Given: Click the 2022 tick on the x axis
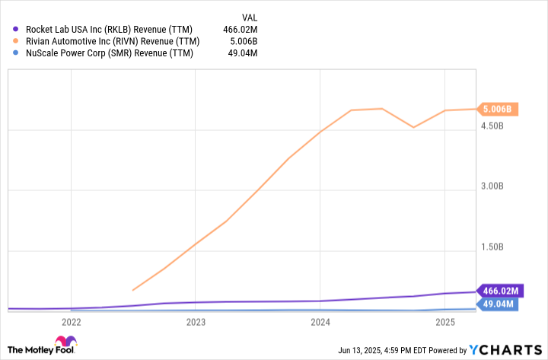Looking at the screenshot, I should point(71,322).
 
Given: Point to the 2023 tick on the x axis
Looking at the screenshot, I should point(196,322).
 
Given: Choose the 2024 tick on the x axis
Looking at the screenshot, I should point(320,322).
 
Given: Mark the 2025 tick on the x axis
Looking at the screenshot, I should point(445,322).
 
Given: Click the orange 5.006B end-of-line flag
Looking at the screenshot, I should point(498,109).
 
